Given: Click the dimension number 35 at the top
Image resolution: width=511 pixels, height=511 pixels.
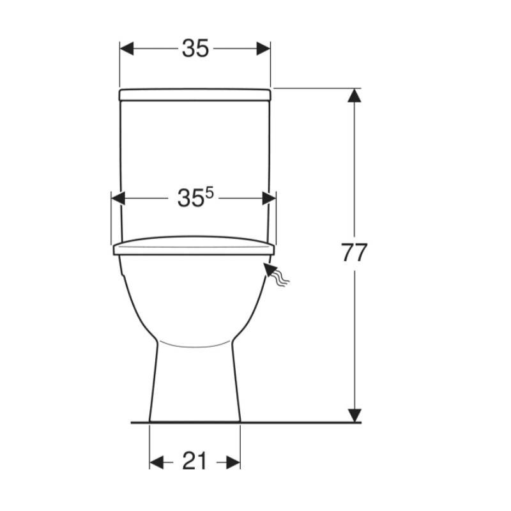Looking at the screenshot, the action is [195, 49].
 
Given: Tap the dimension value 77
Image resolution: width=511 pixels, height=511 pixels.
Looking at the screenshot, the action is [354, 252].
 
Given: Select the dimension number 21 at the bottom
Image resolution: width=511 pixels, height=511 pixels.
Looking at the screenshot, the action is [194, 461].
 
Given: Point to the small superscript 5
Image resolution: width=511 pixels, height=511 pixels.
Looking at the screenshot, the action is [210, 194].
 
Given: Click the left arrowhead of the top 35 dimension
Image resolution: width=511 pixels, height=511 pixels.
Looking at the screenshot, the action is [126, 49].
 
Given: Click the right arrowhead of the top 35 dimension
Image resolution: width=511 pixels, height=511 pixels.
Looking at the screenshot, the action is [263, 49].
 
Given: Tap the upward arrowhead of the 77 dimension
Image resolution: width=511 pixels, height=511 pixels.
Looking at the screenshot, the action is [355, 95].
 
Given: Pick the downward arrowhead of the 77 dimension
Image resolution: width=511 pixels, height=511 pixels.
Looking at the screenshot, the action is [355, 416].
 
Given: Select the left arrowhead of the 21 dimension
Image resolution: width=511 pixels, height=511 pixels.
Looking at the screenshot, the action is [156, 462].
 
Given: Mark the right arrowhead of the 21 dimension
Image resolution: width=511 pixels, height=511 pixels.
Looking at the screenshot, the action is [233, 462].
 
